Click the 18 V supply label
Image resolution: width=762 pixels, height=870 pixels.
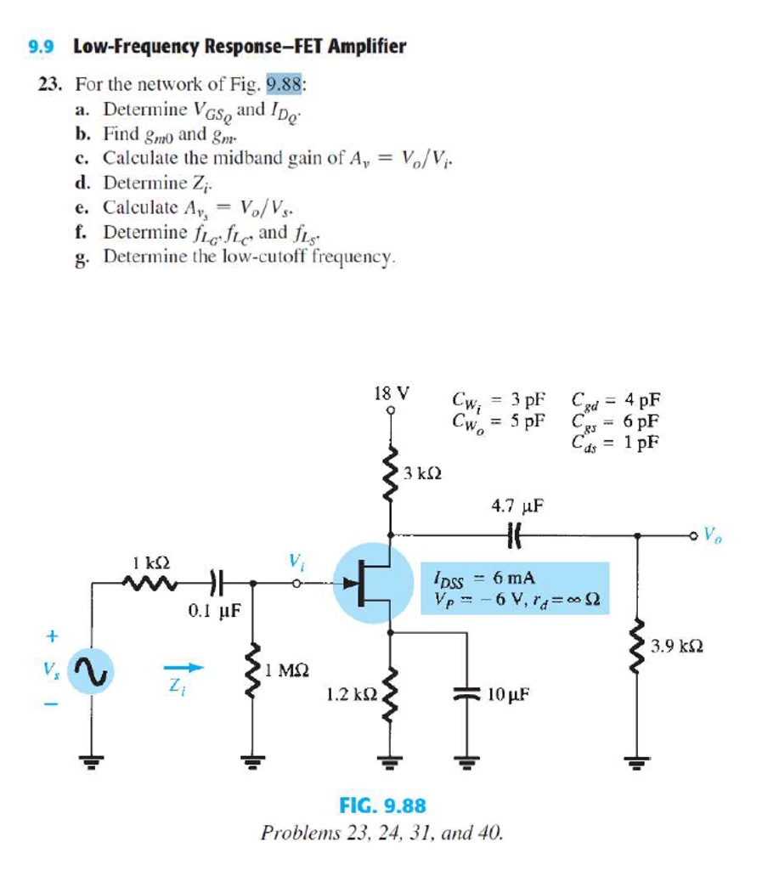click(x=391, y=393)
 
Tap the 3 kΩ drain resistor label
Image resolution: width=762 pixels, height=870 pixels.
click(x=421, y=472)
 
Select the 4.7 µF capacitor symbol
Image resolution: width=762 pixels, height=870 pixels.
click(x=513, y=534)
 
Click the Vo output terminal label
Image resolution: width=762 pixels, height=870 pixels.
click(x=720, y=536)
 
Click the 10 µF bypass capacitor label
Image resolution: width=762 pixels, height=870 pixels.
click(x=510, y=693)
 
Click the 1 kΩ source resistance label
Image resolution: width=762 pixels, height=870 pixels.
click(x=152, y=562)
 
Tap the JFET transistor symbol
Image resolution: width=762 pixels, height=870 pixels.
click(x=371, y=583)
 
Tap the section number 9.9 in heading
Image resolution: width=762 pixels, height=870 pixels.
click(x=41, y=47)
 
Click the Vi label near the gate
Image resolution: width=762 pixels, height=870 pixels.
click(x=296, y=561)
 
